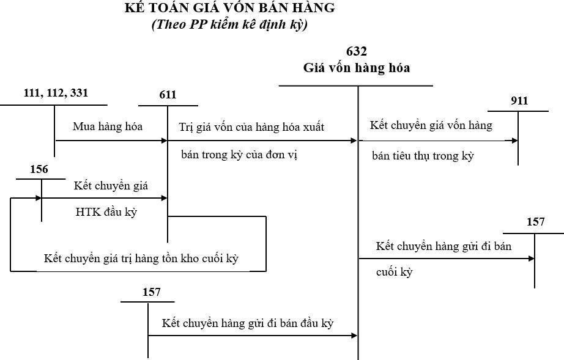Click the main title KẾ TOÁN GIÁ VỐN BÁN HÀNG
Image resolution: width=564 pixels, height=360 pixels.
pos(229,9)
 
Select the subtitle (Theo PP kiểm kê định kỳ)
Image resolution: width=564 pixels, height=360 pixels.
pos(229,25)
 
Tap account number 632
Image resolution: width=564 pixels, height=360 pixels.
pos(357,51)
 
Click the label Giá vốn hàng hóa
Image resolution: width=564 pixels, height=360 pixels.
pos(357,68)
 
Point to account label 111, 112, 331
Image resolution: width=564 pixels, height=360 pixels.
pos(56,93)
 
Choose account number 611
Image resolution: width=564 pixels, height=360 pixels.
pos(167,95)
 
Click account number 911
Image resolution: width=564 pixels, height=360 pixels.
pos(519,101)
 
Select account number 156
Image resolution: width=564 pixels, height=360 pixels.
pos(39,169)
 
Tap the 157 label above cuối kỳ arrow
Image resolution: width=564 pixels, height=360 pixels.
pos(535,222)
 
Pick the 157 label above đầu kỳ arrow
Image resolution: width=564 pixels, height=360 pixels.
pos(151,292)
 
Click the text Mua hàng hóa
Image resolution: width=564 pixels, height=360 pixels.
pos(108,127)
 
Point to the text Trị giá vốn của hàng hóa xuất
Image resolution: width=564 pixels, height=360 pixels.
pos(251,127)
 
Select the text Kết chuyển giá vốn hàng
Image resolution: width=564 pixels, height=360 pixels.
pos(431,125)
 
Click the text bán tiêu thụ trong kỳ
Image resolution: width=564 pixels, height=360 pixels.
pos(423,156)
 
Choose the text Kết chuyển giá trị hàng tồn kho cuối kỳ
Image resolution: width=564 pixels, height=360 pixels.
pos(141,259)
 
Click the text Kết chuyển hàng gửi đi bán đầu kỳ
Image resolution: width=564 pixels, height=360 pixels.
pos(247,323)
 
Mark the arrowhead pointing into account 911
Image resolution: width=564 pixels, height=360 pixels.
pos(515,141)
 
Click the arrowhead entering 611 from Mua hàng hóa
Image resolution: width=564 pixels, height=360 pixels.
pos(164,141)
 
